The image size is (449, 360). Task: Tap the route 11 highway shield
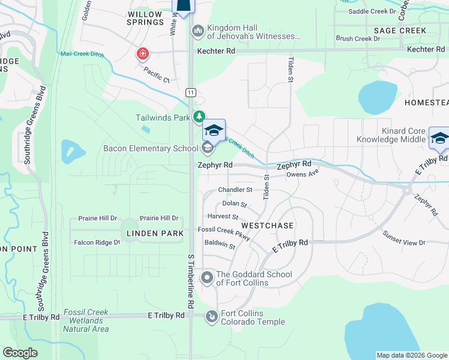click(190, 92)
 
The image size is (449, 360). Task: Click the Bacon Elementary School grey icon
click(207, 148)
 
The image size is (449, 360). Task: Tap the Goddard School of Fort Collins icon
click(207, 278)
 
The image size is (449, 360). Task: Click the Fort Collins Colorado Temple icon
click(211, 316)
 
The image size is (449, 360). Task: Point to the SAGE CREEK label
click(400, 31)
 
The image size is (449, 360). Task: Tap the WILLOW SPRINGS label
click(145, 18)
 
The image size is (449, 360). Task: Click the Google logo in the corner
click(20, 353)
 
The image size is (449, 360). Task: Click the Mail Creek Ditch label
click(82, 54)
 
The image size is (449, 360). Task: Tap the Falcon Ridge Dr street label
click(97, 242)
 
